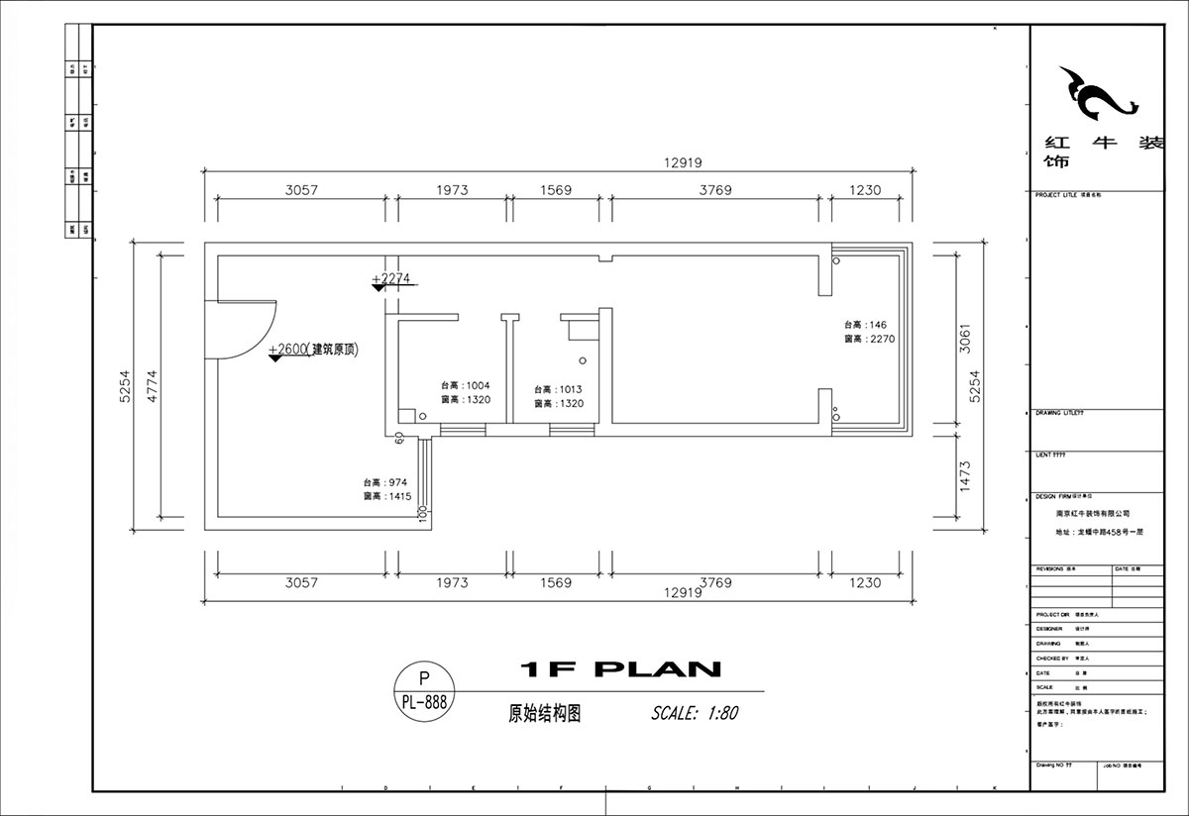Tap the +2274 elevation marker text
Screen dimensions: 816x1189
(390, 279)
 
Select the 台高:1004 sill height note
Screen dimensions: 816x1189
(466, 386)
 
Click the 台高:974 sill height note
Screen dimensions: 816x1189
(386, 482)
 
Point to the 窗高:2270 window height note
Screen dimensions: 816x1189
(869, 339)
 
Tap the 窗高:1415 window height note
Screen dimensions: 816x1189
(386, 496)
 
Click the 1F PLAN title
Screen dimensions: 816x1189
(620, 670)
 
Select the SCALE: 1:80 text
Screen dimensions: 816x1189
(695, 712)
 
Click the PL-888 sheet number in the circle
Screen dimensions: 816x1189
(425, 702)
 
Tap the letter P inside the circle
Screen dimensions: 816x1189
(425, 678)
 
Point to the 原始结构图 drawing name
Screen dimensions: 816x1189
(543, 713)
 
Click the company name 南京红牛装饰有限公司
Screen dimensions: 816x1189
(1093, 515)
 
